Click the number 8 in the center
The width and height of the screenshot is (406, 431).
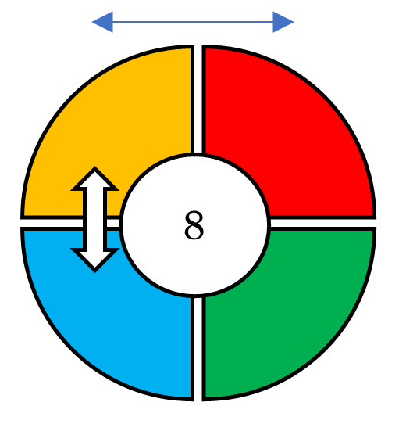pos(194,225)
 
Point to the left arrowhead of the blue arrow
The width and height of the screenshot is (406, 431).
pos(103,22)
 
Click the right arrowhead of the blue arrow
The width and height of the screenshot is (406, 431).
pos(283,22)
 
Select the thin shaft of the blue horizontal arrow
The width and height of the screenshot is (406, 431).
pos(193,22)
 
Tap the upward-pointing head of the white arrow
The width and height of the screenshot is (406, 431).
pos(95,178)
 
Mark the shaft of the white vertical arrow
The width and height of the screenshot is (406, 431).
pos(95,219)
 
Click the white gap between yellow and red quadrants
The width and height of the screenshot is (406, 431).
pos(198,99)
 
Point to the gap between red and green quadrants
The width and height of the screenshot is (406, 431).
pos(323,223)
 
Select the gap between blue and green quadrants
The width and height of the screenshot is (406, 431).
pos(198,349)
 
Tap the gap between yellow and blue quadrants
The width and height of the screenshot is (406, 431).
pos(52,223)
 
